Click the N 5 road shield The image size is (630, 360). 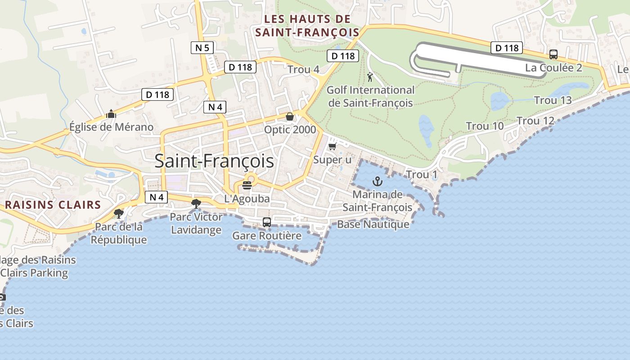point(202,48)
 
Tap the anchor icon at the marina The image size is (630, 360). point(378,182)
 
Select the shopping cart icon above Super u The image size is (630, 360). point(333,147)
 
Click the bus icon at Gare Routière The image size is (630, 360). point(267,222)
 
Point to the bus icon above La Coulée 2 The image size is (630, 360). point(553,55)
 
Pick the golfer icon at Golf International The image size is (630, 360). point(370,77)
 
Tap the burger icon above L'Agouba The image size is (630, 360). point(247,185)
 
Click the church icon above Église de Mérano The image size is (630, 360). point(111,114)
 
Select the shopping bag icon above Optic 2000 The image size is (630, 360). point(290,117)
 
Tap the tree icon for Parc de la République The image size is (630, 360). point(119,213)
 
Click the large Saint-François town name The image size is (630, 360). point(214,161)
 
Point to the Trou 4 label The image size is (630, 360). point(303,70)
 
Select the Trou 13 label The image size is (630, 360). point(553,100)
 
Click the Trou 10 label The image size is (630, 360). point(485,126)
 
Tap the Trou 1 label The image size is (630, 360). point(422,175)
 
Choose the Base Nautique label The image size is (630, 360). point(373,224)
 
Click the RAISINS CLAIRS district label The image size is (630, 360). point(53,205)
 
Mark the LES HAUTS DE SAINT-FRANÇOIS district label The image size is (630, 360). point(307,26)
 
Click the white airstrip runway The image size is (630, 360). point(477,58)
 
